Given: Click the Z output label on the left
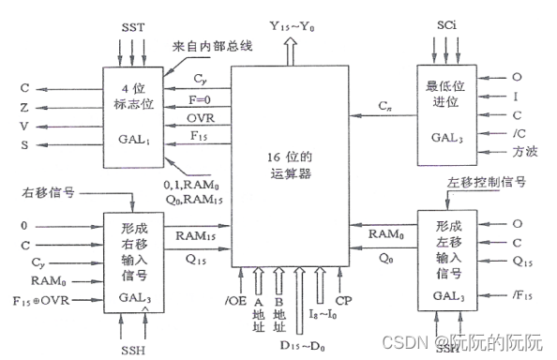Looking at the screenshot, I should coord(25,109).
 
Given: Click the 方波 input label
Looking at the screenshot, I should coord(521,152).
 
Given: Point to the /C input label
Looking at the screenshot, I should coord(519,132).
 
